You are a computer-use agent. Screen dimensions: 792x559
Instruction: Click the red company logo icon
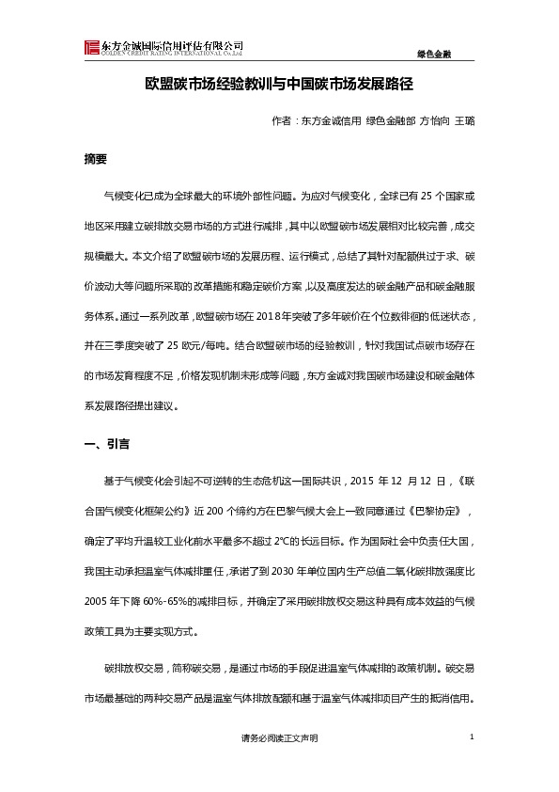click(91, 48)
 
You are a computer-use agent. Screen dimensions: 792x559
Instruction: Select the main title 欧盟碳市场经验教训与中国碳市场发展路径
click(279, 86)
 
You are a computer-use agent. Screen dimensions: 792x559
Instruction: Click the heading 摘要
click(96, 159)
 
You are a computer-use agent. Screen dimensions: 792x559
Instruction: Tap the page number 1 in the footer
click(471, 737)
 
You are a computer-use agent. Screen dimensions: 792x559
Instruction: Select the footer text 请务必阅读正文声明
click(279, 739)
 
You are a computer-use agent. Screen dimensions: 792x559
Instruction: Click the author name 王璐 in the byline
click(464, 121)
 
